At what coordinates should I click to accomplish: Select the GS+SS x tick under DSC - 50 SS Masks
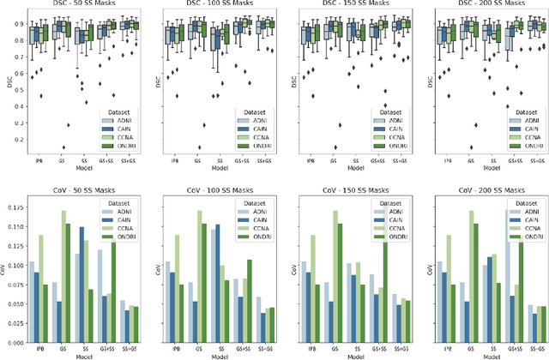(x=106, y=159)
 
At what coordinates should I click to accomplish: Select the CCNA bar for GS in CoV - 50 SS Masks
(x=63, y=274)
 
